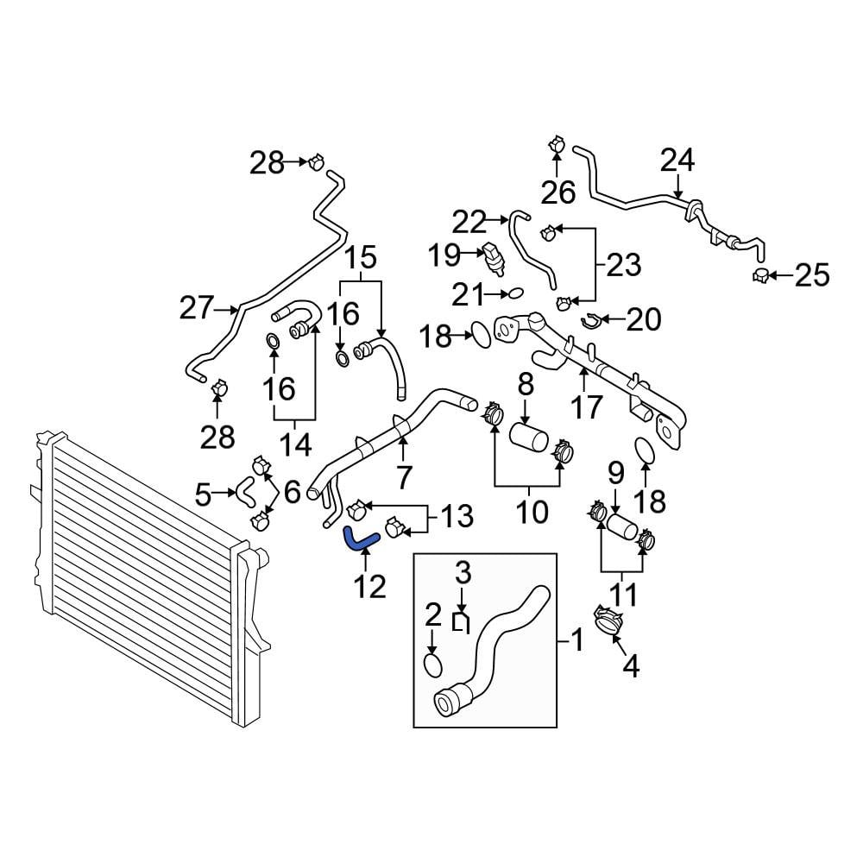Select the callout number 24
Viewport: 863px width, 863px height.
click(677, 161)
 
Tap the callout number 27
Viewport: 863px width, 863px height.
click(197, 308)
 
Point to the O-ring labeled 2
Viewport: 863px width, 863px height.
click(433, 665)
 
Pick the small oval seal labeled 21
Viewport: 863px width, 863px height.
click(515, 293)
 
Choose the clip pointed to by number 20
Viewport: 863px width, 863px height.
click(590, 320)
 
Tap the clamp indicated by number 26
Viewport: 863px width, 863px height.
click(557, 145)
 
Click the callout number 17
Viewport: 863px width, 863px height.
click(586, 408)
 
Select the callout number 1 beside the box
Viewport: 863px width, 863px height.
click(576, 640)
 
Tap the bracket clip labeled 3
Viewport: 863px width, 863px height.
click(461, 622)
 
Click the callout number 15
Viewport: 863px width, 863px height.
click(361, 257)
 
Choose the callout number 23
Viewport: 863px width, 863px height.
click(624, 265)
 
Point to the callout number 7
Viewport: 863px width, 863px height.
click(404, 477)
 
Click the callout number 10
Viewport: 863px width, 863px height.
click(532, 511)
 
